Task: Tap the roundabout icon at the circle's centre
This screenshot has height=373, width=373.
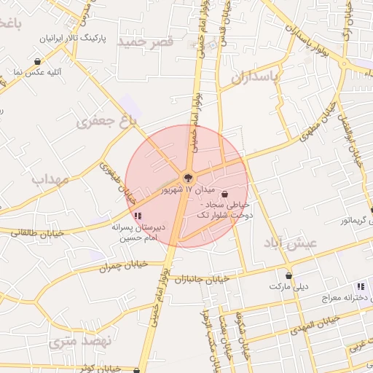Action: coord(187,177)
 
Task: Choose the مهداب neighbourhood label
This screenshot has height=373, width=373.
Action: coord(50,178)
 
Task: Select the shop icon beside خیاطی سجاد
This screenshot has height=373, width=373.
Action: coord(224,195)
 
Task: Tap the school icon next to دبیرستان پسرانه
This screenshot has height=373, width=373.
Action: coord(138,216)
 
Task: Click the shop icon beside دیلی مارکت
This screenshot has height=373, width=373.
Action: coord(290,276)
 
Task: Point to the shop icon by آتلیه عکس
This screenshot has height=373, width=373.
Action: coord(37,62)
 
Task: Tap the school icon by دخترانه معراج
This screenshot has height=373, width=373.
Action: coord(360,286)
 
